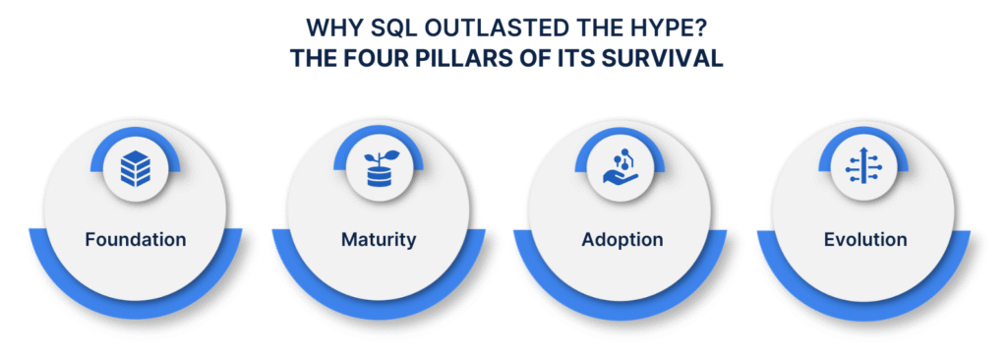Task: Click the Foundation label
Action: pos(136,239)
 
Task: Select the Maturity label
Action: pos(378,239)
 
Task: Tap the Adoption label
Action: pos(621,239)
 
